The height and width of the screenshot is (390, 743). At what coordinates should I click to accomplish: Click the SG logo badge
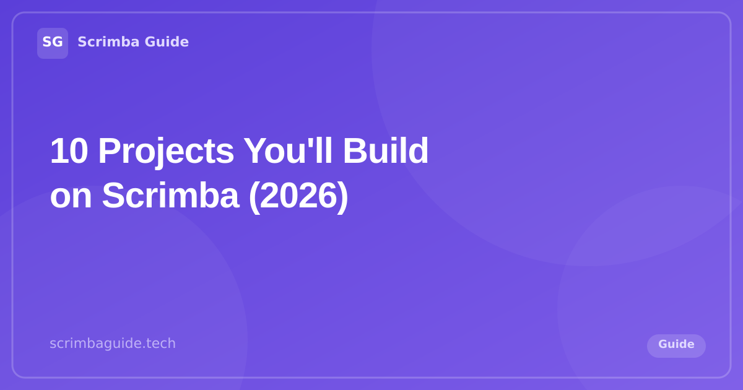(x=53, y=43)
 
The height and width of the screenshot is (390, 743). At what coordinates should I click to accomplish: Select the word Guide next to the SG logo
(x=167, y=42)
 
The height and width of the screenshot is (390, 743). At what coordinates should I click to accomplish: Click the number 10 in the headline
(x=69, y=151)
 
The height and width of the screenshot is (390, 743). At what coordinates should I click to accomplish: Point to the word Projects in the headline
(x=165, y=151)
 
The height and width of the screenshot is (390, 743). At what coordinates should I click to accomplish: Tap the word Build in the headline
(x=385, y=151)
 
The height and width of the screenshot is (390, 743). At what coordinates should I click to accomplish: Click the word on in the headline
(x=71, y=196)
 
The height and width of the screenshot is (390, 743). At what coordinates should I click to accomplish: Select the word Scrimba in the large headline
(x=170, y=196)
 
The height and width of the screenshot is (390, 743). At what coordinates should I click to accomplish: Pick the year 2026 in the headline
(x=298, y=196)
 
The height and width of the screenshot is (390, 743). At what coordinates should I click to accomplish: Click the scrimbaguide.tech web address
(x=113, y=343)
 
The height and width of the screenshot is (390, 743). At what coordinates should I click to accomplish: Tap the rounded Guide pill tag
(x=676, y=345)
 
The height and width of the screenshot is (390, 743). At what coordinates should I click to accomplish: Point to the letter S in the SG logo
(x=47, y=42)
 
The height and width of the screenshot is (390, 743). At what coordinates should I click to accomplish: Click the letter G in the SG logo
(x=58, y=42)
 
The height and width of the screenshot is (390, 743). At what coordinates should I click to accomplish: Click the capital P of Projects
(x=109, y=151)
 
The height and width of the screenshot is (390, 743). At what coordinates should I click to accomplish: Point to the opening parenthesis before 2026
(x=253, y=196)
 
